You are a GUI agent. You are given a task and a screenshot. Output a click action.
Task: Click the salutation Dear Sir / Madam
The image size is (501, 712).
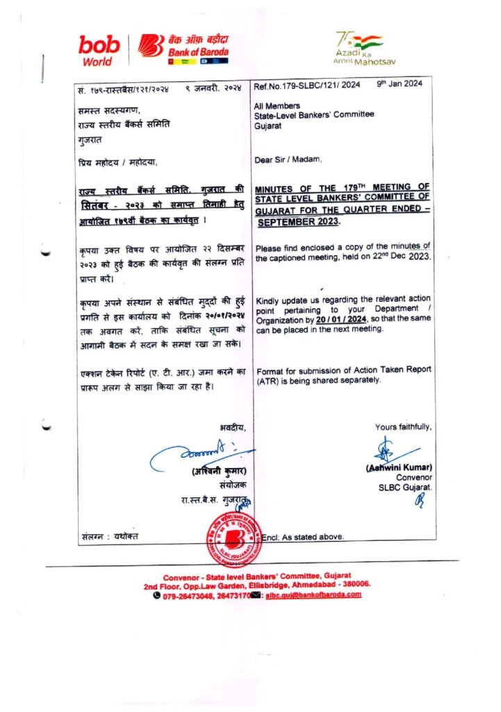coord(288,160)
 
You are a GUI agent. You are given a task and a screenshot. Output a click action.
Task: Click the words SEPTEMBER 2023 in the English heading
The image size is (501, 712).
coord(299,222)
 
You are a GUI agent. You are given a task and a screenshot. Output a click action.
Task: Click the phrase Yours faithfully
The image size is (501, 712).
coord(403,427)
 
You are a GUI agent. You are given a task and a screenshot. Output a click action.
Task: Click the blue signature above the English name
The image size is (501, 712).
coord(392,451)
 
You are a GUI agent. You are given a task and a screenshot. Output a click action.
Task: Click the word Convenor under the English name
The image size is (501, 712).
coord(414,478)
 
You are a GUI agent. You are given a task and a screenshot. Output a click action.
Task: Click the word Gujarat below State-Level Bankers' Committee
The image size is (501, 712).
coord(270,123)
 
